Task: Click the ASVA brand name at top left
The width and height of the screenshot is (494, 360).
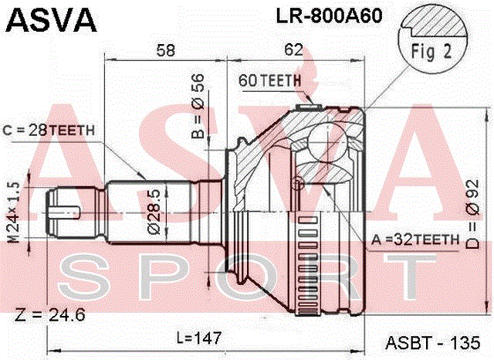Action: (52, 20)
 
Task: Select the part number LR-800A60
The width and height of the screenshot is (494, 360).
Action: (330, 15)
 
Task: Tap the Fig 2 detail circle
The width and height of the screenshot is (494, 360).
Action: (432, 39)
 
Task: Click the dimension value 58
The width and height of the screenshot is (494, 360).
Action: (166, 49)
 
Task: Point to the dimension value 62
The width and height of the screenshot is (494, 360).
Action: (293, 49)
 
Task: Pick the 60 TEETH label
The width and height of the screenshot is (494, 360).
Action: (269, 80)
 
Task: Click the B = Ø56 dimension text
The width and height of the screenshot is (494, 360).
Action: (198, 107)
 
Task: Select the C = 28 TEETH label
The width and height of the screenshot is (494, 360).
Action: (49, 130)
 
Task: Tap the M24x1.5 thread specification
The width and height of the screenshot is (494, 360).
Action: (14, 212)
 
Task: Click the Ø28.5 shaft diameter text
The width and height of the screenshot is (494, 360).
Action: (154, 212)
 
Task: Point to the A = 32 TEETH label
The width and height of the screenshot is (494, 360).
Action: (415, 240)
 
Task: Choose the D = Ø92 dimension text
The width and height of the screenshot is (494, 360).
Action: (472, 214)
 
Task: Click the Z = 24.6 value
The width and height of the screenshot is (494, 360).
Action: (49, 314)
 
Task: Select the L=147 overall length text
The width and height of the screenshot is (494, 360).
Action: (199, 338)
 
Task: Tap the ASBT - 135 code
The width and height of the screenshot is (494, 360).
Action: (433, 342)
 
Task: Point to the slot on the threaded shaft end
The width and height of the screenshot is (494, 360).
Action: (65, 212)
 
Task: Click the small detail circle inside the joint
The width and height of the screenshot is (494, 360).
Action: (298, 183)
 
